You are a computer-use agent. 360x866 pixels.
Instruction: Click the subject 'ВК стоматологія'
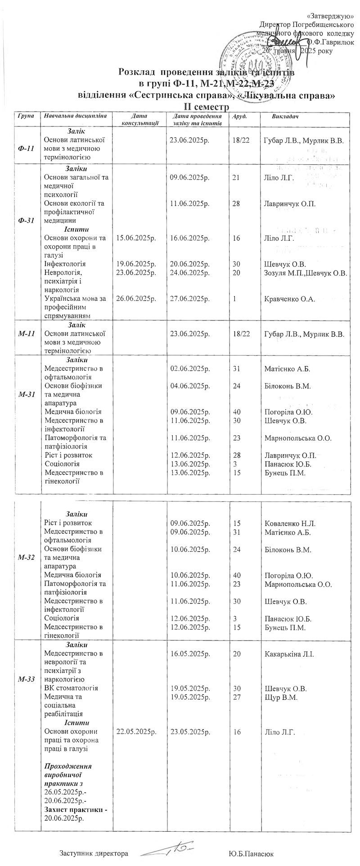pos(71,688)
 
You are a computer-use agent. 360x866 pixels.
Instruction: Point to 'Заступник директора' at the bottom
pos(94,854)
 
